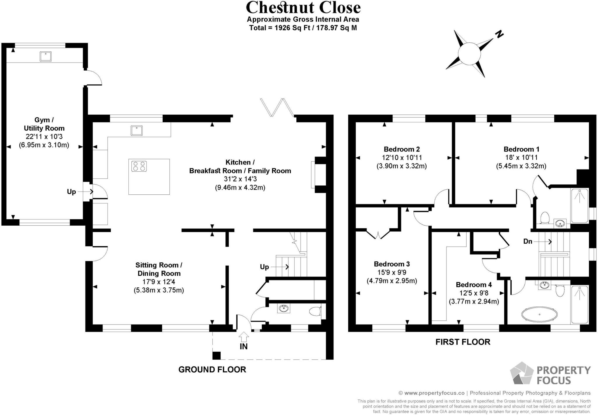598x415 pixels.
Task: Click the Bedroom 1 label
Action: click(521, 149)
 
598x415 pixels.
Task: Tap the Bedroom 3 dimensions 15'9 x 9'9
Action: click(392, 272)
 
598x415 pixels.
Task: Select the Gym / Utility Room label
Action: click(44, 124)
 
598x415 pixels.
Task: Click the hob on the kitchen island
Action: click(139, 166)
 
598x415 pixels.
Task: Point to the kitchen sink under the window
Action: click(136, 130)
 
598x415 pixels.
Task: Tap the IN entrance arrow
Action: click(244, 337)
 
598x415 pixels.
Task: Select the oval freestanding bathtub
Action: click(539, 314)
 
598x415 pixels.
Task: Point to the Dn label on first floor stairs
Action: click(528, 241)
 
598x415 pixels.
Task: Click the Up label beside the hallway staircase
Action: click(264, 267)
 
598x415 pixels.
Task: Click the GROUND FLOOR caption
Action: click(212, 369)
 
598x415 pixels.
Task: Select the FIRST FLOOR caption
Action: click(463, 342)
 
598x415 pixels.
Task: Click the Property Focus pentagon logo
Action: click(521, 374)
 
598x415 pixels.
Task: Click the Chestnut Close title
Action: click(303, 8)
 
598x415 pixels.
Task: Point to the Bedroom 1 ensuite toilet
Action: click(545, 218)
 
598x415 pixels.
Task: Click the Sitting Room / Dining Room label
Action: click(159, 269)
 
